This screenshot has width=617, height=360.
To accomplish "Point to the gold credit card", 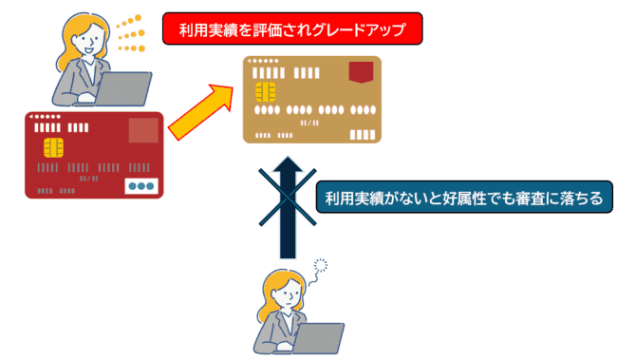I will tap(312, 99).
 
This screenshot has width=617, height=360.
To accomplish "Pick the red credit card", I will tap(94, 155).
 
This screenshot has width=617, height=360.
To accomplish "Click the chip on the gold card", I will tap(265, 90).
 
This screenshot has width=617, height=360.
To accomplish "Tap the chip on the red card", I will tap(54, 149).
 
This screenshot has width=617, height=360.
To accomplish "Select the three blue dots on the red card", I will tap(141, 186).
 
